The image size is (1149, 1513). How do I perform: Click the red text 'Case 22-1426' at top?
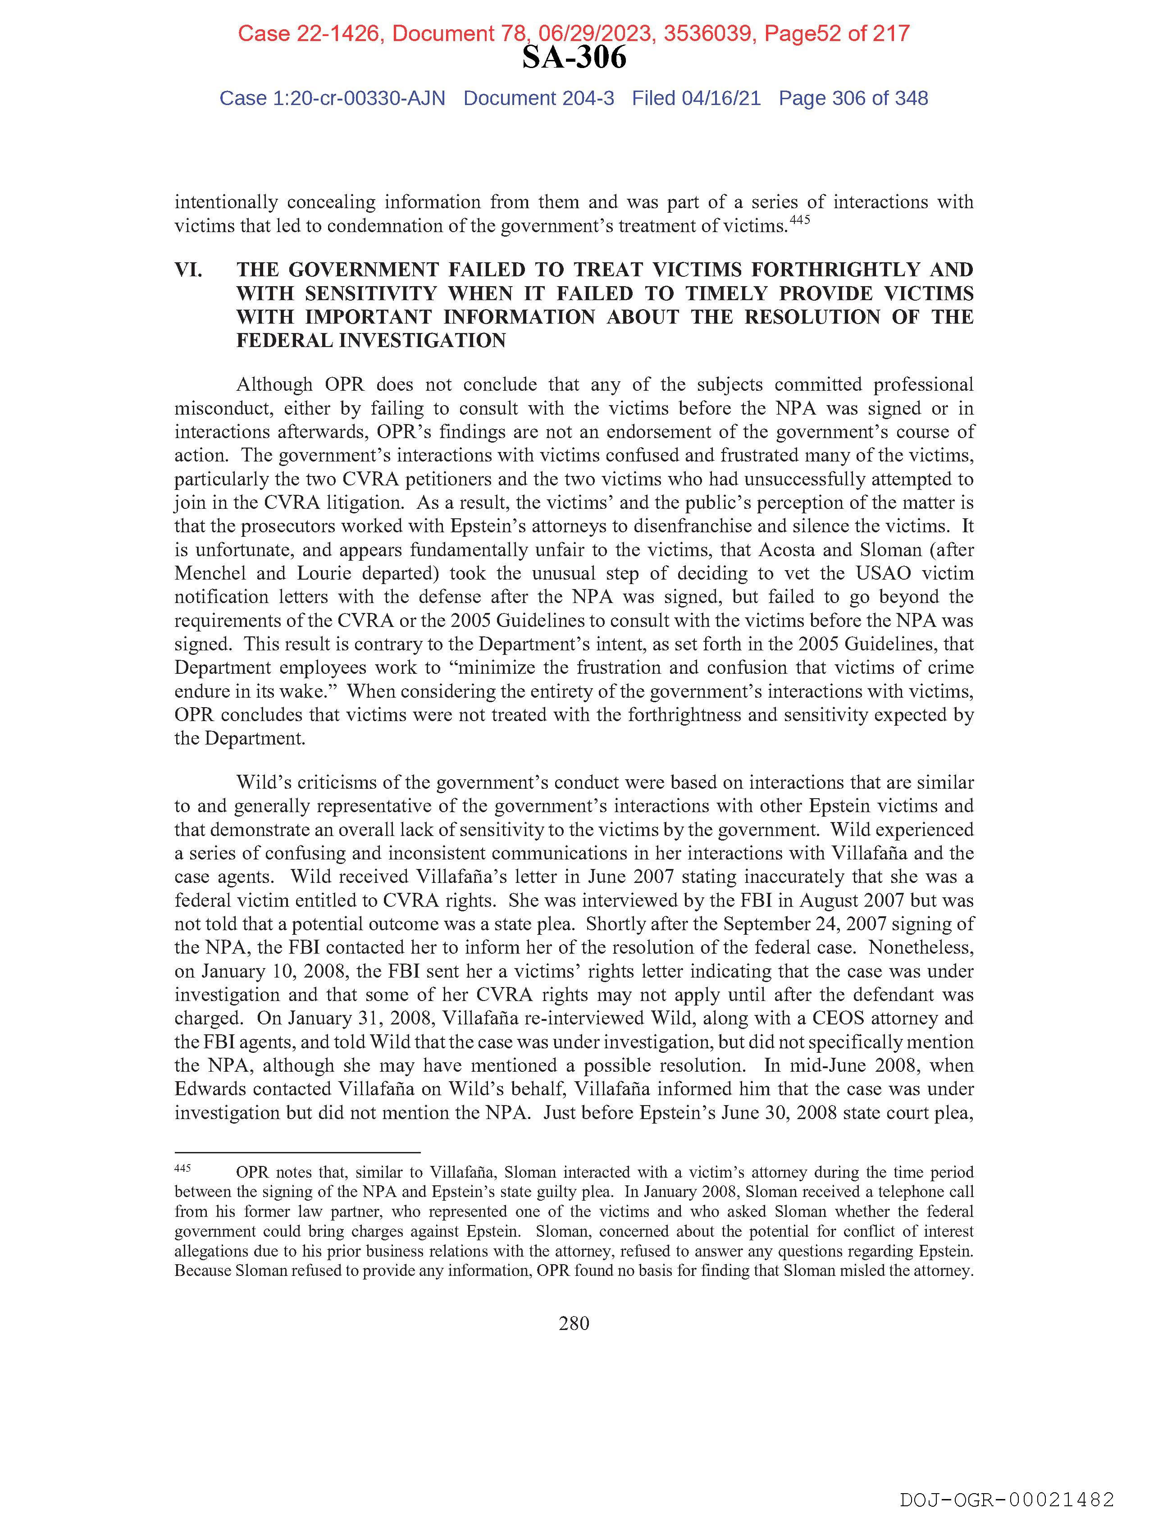[309, 33]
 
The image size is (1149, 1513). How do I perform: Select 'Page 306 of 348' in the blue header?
[853, 99]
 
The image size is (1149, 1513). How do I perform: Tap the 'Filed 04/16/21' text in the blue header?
[696, 99]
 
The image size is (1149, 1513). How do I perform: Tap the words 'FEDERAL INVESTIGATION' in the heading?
[371, 341]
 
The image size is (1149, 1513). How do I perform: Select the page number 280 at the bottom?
[574, 1324]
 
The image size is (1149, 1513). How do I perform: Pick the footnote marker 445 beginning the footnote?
[182, 1168]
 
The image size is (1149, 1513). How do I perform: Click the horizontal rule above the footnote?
[297, 1152]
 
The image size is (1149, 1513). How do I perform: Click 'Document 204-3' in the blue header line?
[538, 99]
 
